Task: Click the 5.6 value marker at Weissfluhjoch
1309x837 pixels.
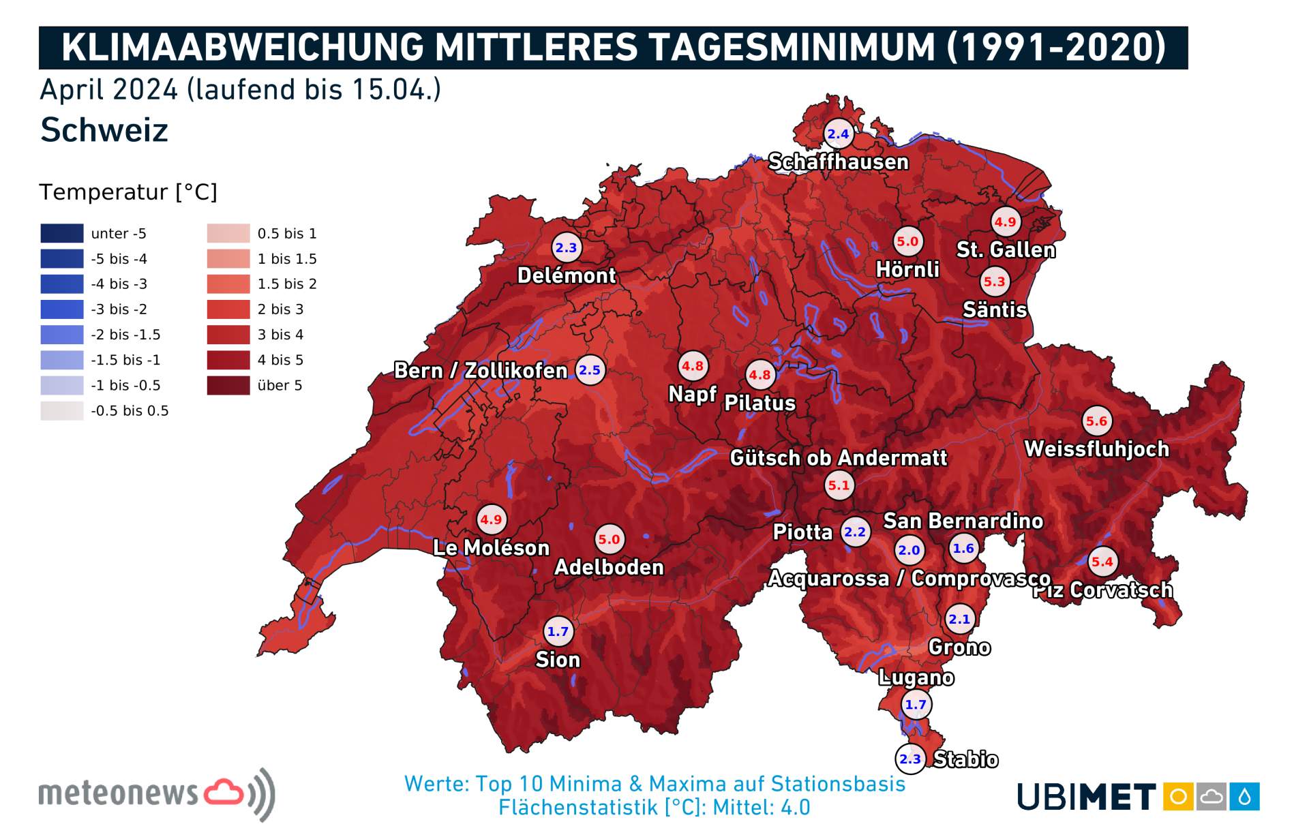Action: [1096, 421]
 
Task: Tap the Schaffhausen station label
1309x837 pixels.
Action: [838, 162]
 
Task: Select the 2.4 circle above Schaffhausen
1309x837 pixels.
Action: [838, 134]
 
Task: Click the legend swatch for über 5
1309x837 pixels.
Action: [228, 386]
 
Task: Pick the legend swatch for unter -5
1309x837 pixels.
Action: [62, 234]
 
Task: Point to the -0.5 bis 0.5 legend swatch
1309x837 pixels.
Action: [62, 411]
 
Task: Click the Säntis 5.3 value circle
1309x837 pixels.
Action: [994, 281]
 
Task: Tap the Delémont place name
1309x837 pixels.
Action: [566, 275]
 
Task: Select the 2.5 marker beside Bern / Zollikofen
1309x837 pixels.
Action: [590, 370]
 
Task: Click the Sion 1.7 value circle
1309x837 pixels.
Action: [558, 631]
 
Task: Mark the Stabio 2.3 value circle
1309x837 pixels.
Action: [910, 759]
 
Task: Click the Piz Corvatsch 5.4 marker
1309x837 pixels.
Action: [1102, 562]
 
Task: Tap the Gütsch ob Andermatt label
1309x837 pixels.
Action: [838, 458]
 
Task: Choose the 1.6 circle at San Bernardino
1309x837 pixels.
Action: [963, 549]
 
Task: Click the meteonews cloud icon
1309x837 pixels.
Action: [224, 792]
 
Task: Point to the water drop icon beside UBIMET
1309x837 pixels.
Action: [1244, 796]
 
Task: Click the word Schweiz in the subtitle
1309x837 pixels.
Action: [104, 130]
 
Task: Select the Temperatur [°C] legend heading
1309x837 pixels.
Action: [128, 192]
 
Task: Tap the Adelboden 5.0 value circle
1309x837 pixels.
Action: [609, 539]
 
